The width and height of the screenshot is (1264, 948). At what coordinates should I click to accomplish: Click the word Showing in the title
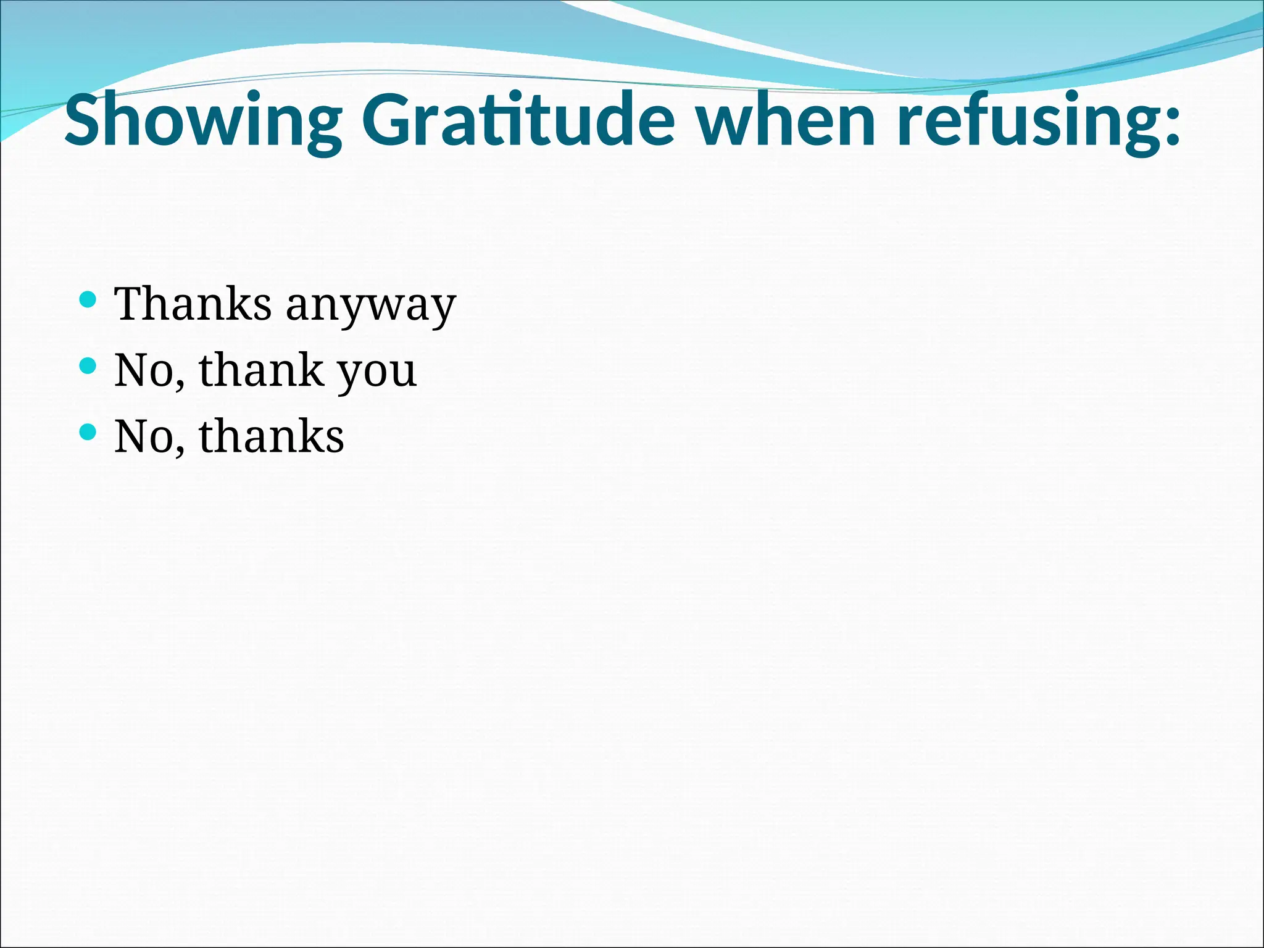point(203,120)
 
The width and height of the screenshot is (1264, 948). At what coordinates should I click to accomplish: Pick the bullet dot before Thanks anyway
point(88,301)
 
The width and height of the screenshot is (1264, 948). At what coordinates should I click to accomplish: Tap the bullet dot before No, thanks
point(88,432)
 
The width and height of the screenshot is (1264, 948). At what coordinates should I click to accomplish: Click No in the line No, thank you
point(144,370)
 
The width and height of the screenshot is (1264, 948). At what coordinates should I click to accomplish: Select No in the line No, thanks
point(144,436)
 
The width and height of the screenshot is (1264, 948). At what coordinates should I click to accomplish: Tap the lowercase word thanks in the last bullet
point(271,435)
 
